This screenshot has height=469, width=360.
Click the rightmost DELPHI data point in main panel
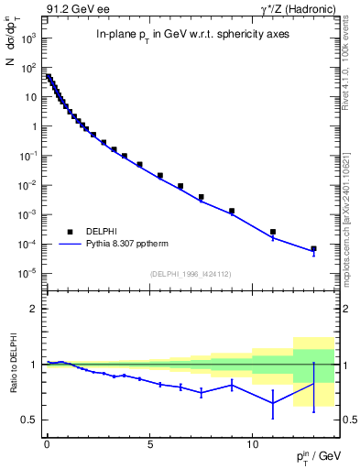pos(313,248)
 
